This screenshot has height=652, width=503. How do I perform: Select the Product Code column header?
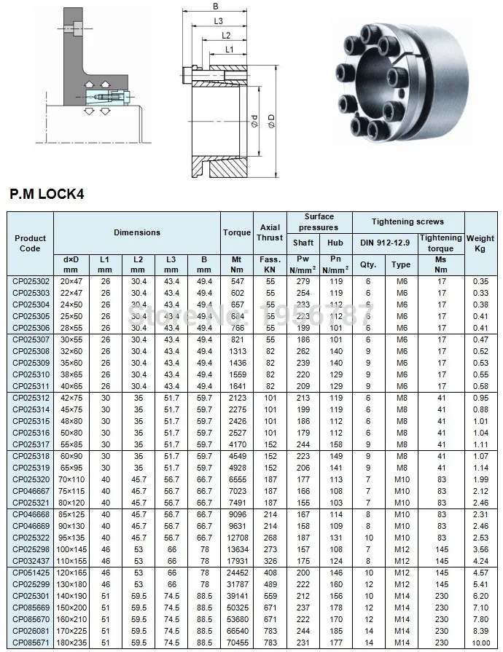tap(30, 243)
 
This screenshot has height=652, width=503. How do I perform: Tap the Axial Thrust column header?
tap(270, 232)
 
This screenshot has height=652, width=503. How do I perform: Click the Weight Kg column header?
tap(480, 243)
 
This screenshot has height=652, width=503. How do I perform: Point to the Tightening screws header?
tap(408, 221)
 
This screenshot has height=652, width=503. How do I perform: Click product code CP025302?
tap(30, 280)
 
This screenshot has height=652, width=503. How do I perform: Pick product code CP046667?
tap(30, 491)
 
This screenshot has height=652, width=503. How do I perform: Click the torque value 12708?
tap(235, 537)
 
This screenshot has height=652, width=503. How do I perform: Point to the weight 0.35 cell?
tap(480, 280)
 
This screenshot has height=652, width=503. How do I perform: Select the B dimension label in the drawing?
tap(215, 7)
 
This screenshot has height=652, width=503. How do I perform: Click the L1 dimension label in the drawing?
tap(228, 49)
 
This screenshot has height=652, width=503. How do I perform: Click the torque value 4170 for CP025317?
tap(235, 444)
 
